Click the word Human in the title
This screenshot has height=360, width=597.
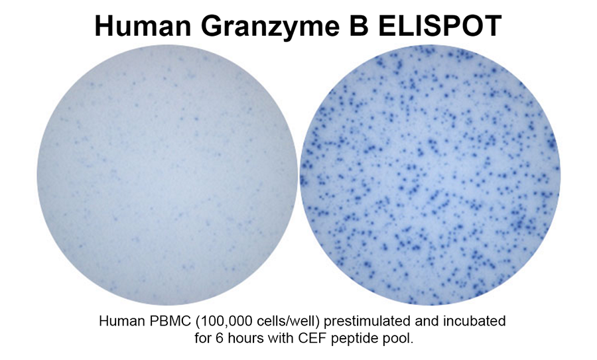143,26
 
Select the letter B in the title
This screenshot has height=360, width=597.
359,26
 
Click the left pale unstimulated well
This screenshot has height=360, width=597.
166,175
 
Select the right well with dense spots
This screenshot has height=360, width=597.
430,175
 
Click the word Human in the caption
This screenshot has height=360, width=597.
120,321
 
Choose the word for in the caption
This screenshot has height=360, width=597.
202,338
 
